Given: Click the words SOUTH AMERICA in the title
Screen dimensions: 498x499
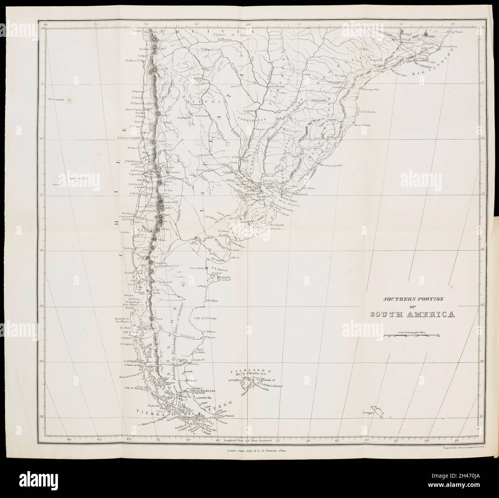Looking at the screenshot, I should (413, 315).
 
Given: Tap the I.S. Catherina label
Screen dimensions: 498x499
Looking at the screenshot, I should (368, 112).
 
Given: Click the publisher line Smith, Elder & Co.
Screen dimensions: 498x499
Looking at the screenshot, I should (254, 454).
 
